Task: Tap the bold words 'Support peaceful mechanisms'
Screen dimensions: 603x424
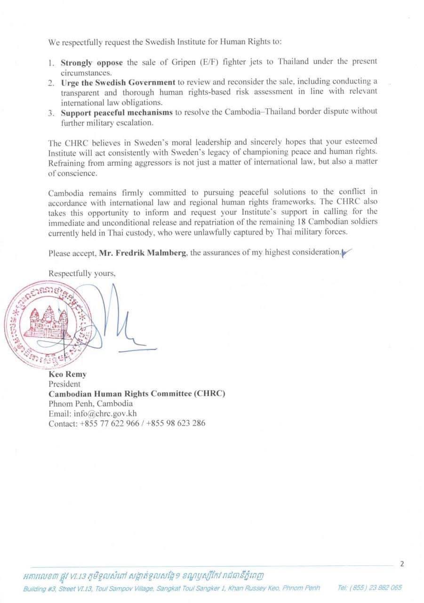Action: point(116,112)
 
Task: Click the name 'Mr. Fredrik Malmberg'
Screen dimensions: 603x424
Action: point(144,253)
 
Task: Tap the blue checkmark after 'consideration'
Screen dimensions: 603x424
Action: point(346,253)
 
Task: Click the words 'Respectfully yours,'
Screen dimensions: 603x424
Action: point(82,273)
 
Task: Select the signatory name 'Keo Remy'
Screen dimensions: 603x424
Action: point(67,375)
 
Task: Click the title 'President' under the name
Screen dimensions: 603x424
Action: point(64,384)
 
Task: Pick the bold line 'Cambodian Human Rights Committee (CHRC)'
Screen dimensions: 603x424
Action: point(137,394)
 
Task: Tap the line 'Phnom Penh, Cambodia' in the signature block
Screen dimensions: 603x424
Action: point(90,404)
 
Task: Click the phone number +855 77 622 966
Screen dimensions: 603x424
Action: point(110,423)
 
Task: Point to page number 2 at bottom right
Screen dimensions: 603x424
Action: point(401,563)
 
